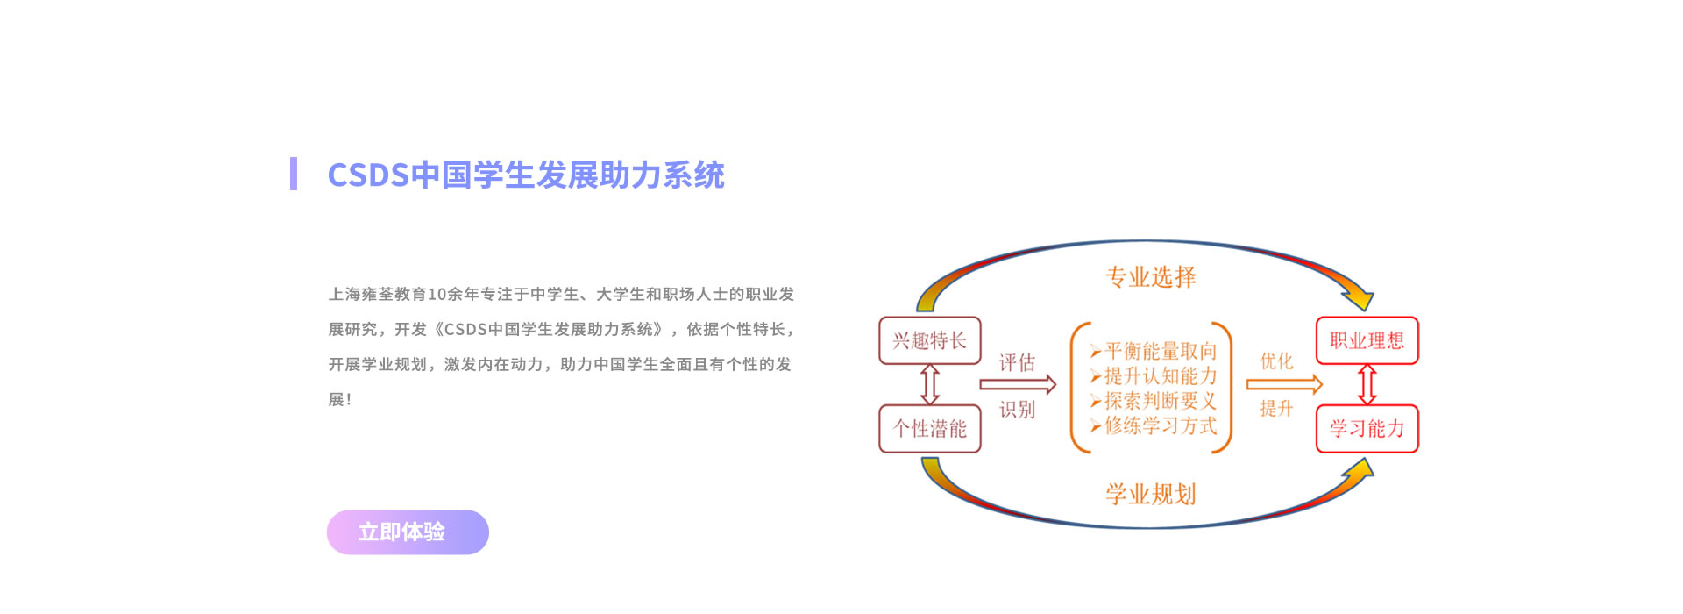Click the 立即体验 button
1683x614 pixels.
pos(408,532)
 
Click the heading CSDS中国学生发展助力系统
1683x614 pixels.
pos(526,175)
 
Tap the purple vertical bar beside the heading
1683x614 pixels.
pos(294,174)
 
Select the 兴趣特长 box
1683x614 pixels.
pos(930,340)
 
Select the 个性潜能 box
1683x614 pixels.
pos(930,428)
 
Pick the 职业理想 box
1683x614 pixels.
pos(1367,340)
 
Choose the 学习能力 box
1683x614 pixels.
pos(1367,428)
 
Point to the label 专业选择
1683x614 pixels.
pos(1151,277)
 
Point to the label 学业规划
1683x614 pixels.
pos(1151,494)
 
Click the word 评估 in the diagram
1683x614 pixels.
pos(1017,362)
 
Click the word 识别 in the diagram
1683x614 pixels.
pos(1017,409)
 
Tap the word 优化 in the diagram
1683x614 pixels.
pos(1276,361)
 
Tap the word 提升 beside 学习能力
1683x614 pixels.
pos(1276,408)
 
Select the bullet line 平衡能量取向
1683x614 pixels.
pos(1154,351)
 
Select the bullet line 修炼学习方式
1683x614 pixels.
pos(1154,425)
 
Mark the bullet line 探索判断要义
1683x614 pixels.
pos(1154,401)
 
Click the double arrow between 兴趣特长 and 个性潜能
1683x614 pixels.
pos(930,384)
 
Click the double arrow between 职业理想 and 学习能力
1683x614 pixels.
pos(1367,384)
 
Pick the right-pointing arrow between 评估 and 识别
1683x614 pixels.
pos(1018,384)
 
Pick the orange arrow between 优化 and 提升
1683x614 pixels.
pos(1284,384)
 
